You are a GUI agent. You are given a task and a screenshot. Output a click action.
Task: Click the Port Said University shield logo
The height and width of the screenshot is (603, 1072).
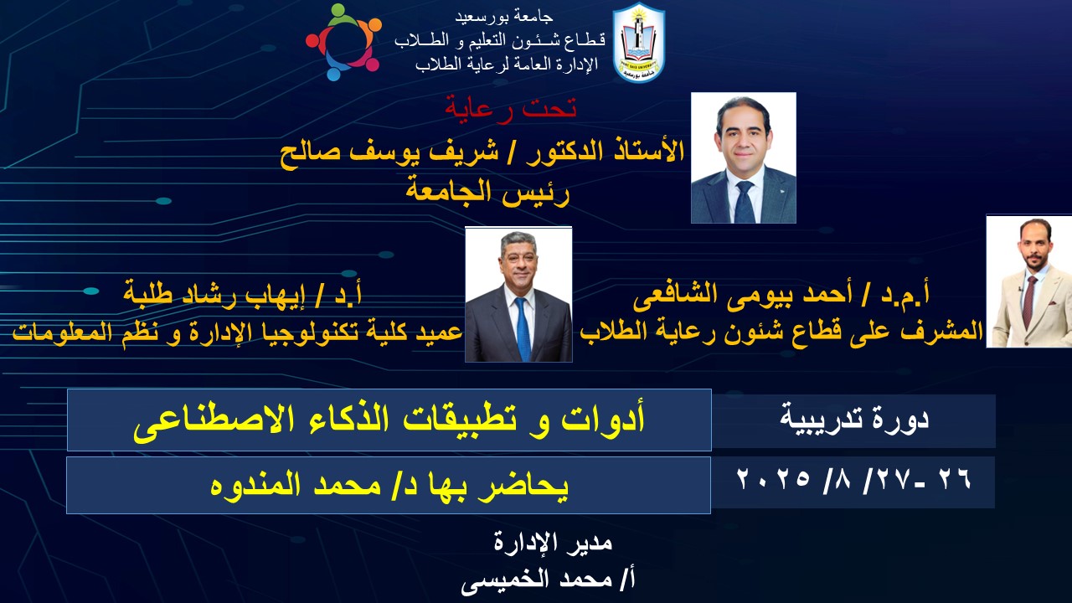(x=639, y=43)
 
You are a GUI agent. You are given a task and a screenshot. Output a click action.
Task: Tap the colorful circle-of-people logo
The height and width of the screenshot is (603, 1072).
(x=343, y=42)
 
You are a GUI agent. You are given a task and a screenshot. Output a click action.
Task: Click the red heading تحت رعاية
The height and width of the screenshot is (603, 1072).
(x=511, y=109)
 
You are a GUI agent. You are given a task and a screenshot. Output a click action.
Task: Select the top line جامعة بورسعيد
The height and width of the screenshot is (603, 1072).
(x=504, y=18)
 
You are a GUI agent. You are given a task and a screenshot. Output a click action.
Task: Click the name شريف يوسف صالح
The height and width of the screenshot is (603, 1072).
(x=389, y=152)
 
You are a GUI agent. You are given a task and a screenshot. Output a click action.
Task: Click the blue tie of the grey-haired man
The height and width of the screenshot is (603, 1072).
(x=523, y=329)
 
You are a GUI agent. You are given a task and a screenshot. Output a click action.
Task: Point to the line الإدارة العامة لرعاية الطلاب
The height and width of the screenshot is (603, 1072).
(x=507, y=64)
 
